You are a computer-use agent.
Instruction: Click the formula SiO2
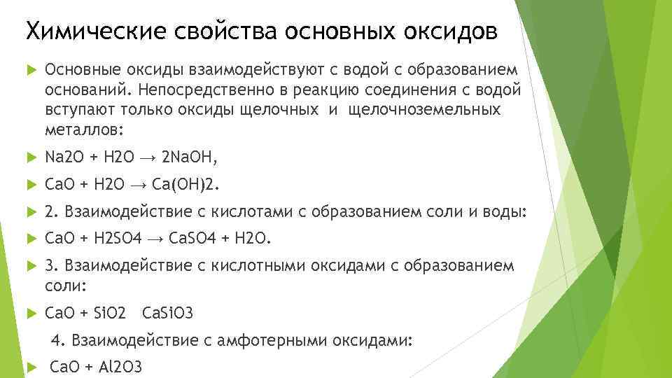pos(109,311)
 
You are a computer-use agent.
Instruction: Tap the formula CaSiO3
pos(167,311)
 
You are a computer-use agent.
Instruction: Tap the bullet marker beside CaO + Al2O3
pos(29,367)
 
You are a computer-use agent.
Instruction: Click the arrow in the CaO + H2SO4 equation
pos(155,239)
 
